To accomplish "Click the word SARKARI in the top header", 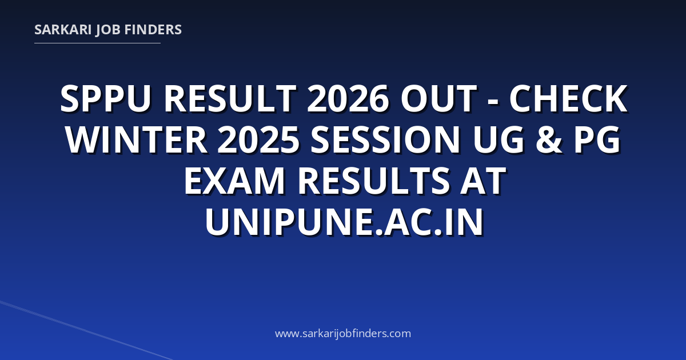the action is (x=63, y=30).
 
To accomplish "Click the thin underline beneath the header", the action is (x=97, y=43).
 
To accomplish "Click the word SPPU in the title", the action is (x=106, y=99).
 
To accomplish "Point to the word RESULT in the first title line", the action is (x=230, y=99).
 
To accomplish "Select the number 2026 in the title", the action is (x=348, y=99).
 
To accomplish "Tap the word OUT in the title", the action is (x=439, y=99).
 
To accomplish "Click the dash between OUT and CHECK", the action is (x=493, y=101).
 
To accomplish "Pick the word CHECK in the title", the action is (x=569, y=99).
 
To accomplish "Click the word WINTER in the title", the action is (x=136, y=139).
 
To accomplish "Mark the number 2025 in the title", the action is (x=258, y=139).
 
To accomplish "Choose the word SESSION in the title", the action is (x=385, y=139).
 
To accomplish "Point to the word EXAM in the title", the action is (x=234, y=181).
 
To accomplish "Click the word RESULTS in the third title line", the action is (x=374, y=181).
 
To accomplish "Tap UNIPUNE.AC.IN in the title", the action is (x=344, y=221).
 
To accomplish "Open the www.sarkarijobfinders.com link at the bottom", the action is (x=343, y=334).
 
